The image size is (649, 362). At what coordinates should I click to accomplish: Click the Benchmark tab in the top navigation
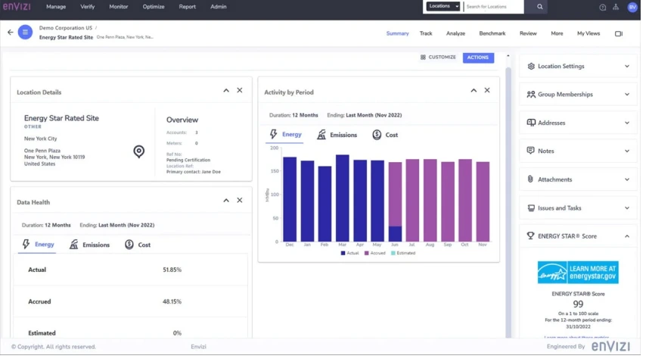pyautogui.click(x=492, y=33)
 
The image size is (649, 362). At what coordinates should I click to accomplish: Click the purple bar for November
pyautogui.click(x=483, y=201)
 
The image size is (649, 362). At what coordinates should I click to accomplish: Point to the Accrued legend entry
pyautogui.click(x=376, y=253)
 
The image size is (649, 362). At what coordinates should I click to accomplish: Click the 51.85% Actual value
pyautogui.click(x=172, y=270)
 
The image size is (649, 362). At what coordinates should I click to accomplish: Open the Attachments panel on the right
pyautogui.click(x=578, y=179)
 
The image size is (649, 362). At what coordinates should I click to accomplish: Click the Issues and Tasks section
pyautogui.click(x=578, y=208)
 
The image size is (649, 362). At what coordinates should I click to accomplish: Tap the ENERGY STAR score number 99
pyautogui.click(x=578, y=304)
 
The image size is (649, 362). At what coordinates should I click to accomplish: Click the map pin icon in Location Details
pyautogui.click(x=138, y=151)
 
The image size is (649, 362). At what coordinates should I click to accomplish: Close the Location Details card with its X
pyautogui.click(x=240, y=91)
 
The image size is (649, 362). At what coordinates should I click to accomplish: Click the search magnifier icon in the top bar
pyautogui.click(x=539, y=7)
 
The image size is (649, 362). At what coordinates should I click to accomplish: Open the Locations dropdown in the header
pyautogui.click(x=442, y=7)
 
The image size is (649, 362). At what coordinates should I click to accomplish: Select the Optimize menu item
pyautogui.click(x=154, y=7)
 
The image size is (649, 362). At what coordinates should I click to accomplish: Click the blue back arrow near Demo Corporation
pyautogui.click(x=10, y=33)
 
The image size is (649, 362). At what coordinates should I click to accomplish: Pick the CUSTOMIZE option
pyautogui.click(x=438, y=58)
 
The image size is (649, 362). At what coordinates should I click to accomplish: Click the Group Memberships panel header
pyautogui.click(x=578, y=95)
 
